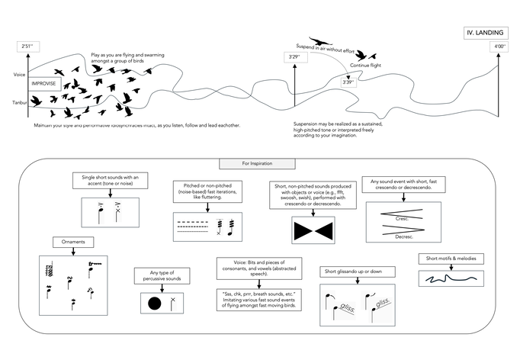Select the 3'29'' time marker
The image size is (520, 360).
tap(294, 57)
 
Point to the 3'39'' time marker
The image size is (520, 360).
tap(348, 82)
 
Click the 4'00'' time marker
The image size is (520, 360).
tap(499, 47)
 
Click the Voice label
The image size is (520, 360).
tap(20, 75)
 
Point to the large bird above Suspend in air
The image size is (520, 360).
tap(320, 42)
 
